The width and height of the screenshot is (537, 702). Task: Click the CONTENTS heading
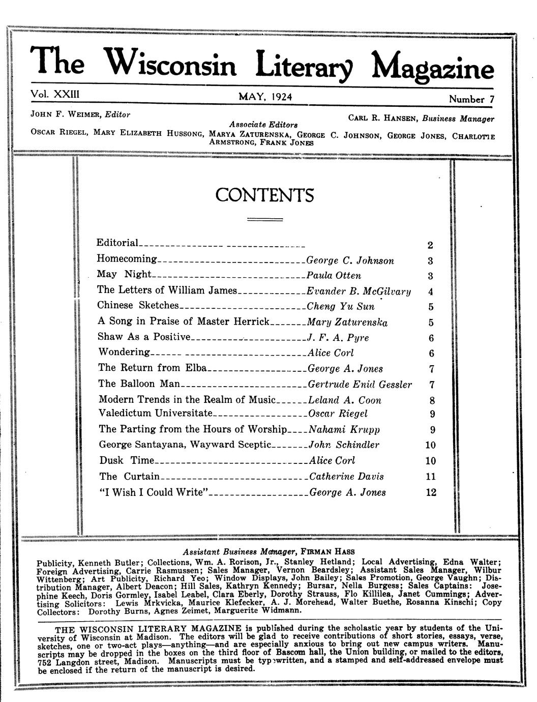(x=264, y=195)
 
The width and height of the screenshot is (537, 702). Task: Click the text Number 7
(x=471, y=99)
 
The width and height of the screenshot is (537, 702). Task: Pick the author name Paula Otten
(x=334, y=276)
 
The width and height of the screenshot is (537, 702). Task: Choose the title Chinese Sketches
(x=138, y=305)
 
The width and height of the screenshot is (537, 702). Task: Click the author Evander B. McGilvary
(x=359, y=291)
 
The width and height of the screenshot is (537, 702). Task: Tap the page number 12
(x=431, y=492)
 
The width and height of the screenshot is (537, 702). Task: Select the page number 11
(x=431, y=477)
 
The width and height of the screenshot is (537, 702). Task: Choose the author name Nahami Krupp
(x=344, y=429)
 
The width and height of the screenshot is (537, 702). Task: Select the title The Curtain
(x=129, y=477)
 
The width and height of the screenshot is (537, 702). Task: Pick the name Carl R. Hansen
(x=381, y=119)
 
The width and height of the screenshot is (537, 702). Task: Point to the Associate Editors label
(x=263, y=124)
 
